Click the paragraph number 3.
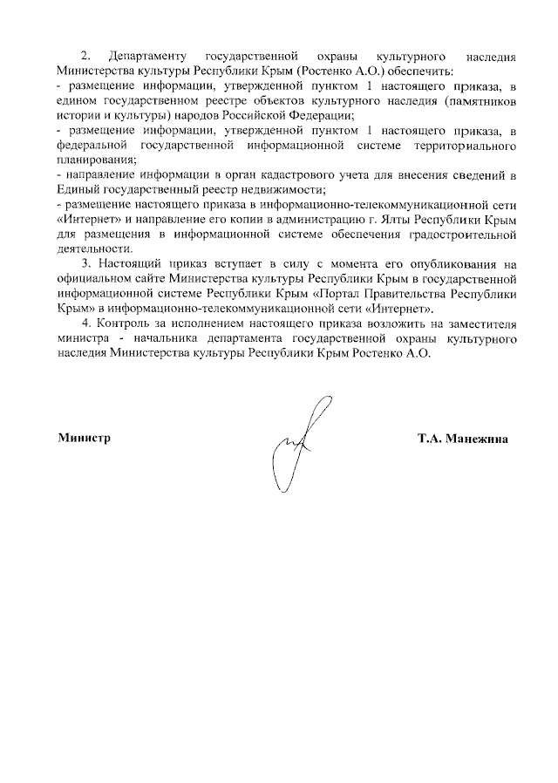point(85,264)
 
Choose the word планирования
point(94,160)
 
